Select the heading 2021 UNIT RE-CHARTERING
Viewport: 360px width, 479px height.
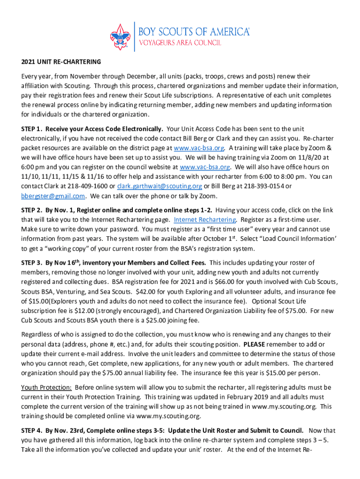click(x=61, y=62)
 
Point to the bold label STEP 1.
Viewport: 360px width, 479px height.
click(x=32, y=129)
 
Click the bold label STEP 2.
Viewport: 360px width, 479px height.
click(x=32, y=210)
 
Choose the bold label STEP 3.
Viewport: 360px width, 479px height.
click(x=32, y=263)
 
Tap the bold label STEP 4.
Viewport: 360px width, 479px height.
click(x=32, y=430)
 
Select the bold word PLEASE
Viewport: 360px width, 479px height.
click(x=255, y=344)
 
